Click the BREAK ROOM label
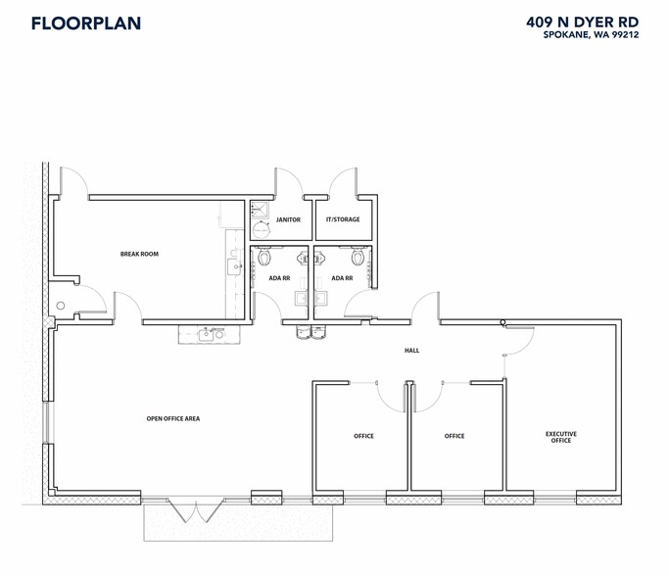click(139, 254)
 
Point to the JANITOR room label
click(288, 219)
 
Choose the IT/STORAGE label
click(343, 219)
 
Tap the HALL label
click(412, 350)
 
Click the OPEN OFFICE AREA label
click(173, 418)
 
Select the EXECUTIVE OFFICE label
click(561, 437)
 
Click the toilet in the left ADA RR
click(264, 258)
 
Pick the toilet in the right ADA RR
click(359, 258)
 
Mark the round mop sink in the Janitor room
click(261, 229)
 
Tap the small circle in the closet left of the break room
click(61, 307)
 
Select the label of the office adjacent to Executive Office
click(454, 436)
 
